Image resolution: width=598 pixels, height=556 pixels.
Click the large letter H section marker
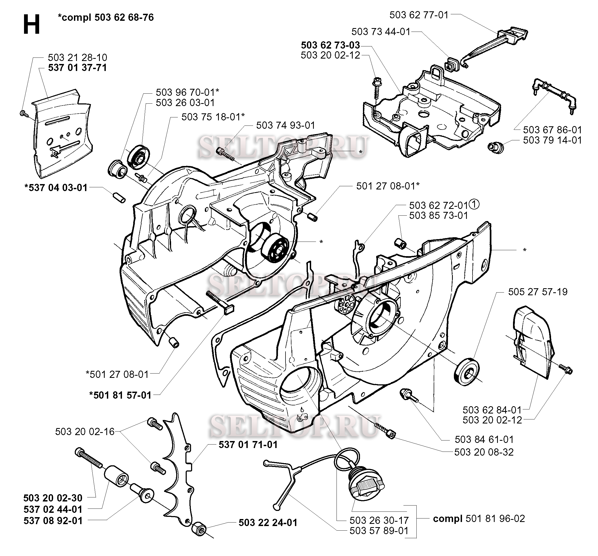[x=31, y=25]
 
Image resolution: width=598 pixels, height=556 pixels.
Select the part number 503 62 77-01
[x=419, y=15]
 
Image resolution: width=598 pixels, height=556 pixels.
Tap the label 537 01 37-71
[x=77, y=68]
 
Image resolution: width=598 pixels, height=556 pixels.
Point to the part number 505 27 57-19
[x=538, y=292]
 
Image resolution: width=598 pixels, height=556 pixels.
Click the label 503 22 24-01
[x=268, y=523]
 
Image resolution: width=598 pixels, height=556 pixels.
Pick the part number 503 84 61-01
[x=484, y=439]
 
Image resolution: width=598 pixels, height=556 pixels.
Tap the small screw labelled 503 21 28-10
[x=23, y=114]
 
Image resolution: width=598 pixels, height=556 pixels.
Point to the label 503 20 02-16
[x=84, y=432]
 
